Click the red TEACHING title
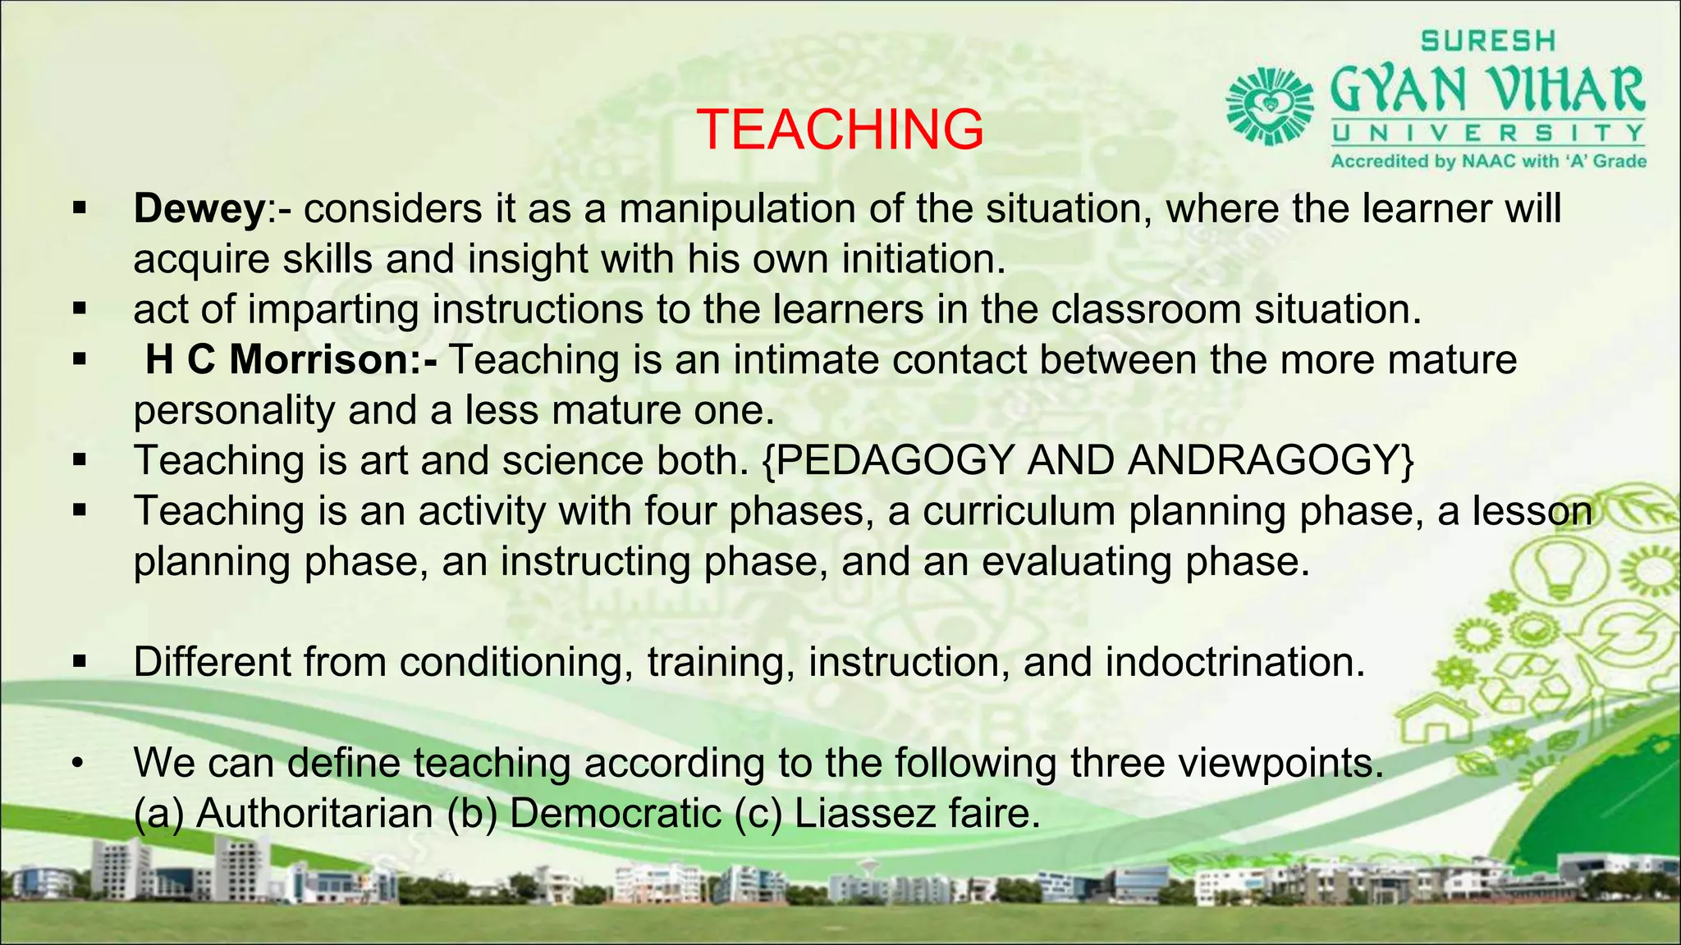click(x=840, y=130)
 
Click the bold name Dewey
click(x=199, y=209)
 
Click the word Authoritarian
click(x=314, y=814)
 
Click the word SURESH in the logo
click(x=1488, y=40)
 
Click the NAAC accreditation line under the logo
click(x=1488, y=162)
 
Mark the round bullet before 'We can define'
click(x=78, y=765)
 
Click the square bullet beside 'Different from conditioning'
click(x=79, y=662)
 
